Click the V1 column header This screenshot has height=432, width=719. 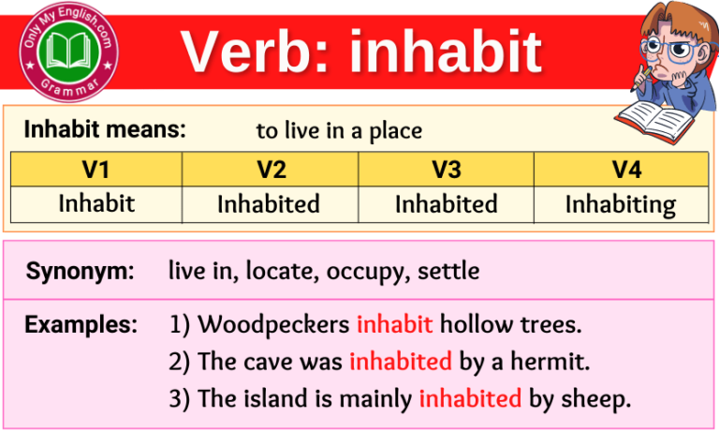coord(96,170)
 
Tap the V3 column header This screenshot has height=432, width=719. coord(446,170)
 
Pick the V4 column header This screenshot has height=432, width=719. coord(621,170)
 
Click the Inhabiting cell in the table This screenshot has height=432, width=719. coord(621,203)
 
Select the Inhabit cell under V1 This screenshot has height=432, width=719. coord(96,203)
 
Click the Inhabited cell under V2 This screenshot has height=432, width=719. coord(269,203)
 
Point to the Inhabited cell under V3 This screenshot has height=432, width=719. coord(446,203)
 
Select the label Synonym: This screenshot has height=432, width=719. coord(80,272)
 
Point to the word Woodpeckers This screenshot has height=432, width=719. coord(275,325)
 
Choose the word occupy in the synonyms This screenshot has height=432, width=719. coord(369,273)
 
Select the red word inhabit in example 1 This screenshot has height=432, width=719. coord(394,325)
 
